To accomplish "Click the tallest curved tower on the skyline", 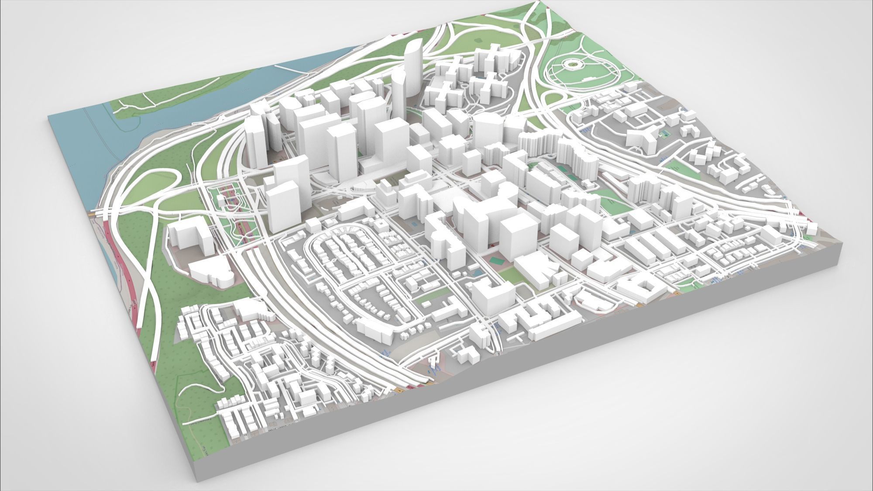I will coord(411,74).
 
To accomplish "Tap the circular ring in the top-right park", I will coord(570,66).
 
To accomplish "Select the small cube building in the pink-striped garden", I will coord(222,200).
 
